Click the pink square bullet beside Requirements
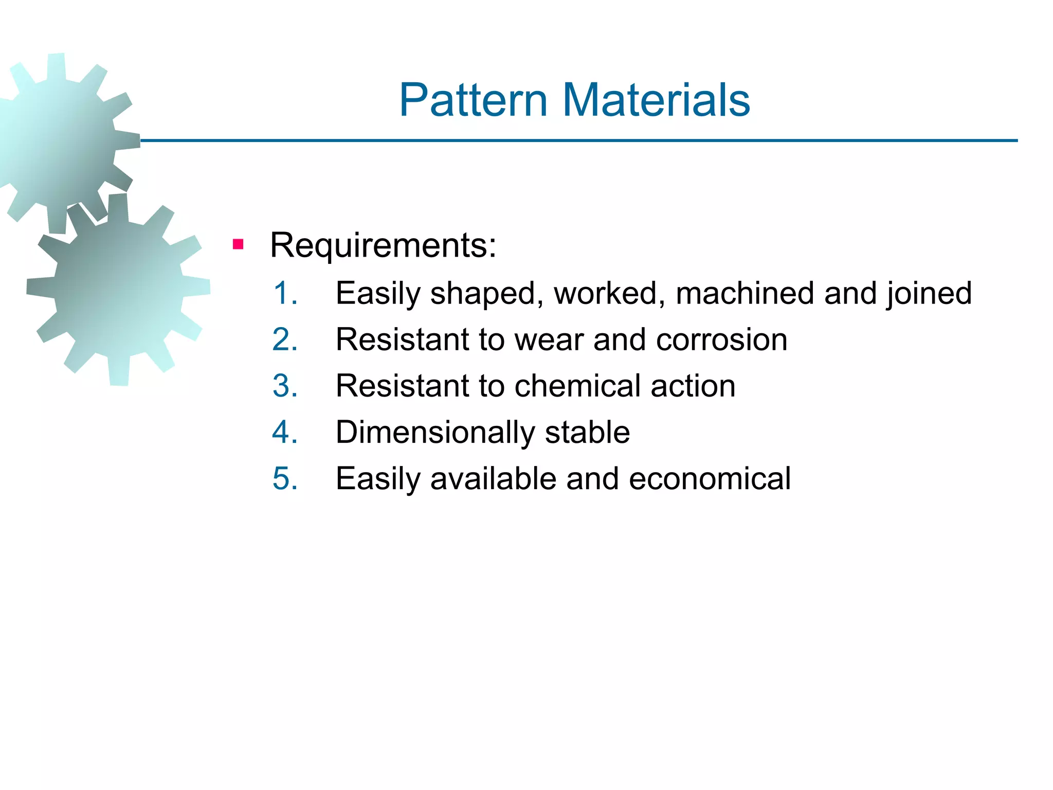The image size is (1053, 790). click(238, 244)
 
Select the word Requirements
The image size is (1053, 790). click(383, 245)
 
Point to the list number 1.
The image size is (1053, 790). click(285, 293)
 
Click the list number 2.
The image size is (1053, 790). click(285, 339)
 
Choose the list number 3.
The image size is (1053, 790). click(285, 386)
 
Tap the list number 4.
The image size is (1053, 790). click(285, 432)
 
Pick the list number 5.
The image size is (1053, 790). click(285, 478)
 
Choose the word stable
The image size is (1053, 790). click(587, 432)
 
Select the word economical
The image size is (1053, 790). click(710, 478)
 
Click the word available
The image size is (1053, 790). click(493, 478)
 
